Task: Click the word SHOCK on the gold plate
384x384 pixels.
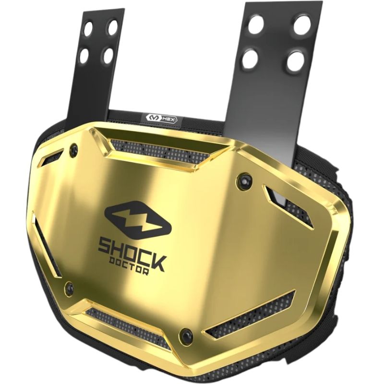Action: click(132, 254)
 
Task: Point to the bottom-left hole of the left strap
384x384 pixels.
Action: click(84, 55)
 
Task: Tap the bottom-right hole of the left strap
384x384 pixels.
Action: click(108, 56)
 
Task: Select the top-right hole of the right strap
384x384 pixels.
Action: click(302, 25)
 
